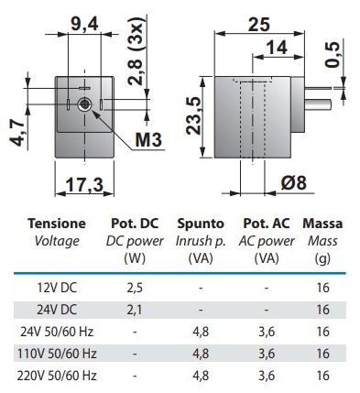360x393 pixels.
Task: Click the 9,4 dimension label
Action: point(84,24)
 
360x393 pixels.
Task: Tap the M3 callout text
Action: point(148,140)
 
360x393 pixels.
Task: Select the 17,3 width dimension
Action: point(84,184)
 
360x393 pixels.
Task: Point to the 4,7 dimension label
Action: point(16,134)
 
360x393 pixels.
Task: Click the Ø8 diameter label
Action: point(293,183)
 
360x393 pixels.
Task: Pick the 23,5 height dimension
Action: point(194,115)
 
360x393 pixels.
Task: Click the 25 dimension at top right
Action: point(259,24)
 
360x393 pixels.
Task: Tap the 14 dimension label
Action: point(277,48)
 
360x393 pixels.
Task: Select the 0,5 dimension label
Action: point(332,55)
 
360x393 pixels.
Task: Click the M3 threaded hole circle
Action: point(84,104)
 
